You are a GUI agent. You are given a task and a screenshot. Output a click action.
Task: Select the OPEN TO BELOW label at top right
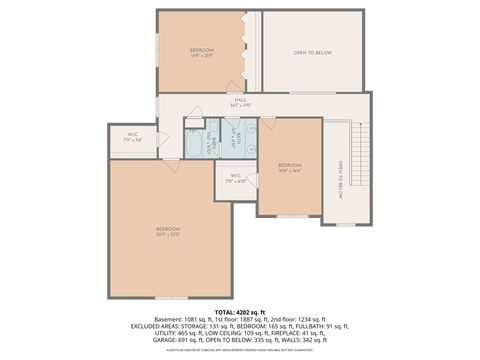click(x=312, y=52)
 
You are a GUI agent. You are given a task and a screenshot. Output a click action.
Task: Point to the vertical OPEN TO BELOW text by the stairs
click(x=340, y=177)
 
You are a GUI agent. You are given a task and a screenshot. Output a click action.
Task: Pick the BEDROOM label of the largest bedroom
click(x=168, y=230)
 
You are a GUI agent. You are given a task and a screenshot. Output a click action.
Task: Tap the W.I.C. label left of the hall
click(x=132, y=138)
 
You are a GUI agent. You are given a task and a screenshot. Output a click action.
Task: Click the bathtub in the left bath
click(x=196, y=145)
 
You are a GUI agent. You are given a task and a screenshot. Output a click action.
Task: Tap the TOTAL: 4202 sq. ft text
click(x=240, y=311)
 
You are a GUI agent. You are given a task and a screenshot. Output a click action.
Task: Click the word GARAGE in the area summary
click(x=163, y=339)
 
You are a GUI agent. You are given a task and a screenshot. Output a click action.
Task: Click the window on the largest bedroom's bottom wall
click(x=171, y=297)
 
